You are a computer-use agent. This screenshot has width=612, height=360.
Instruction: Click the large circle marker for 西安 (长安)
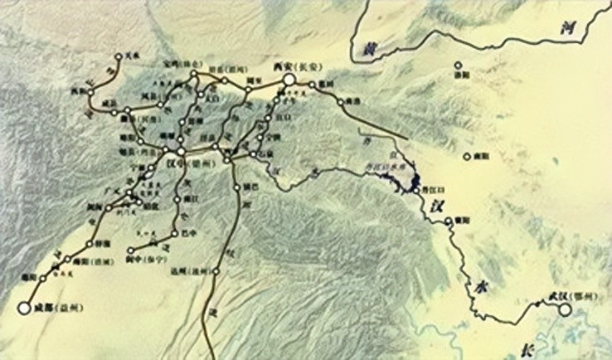[x=288, y=80]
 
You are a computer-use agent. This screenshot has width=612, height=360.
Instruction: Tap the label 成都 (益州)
[x=57, y=309]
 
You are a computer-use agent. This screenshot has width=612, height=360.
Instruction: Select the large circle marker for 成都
[x=23, y=309]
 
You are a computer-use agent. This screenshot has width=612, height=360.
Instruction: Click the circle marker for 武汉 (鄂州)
[x=566, y=310]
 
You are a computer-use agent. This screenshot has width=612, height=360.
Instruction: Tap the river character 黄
[x=362, y=51]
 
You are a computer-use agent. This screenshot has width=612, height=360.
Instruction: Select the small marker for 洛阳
[x=456, y=65]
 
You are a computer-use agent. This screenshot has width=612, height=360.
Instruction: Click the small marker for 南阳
[x=468, y=158]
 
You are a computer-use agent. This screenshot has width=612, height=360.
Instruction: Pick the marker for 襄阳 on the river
[x=448, y=221]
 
